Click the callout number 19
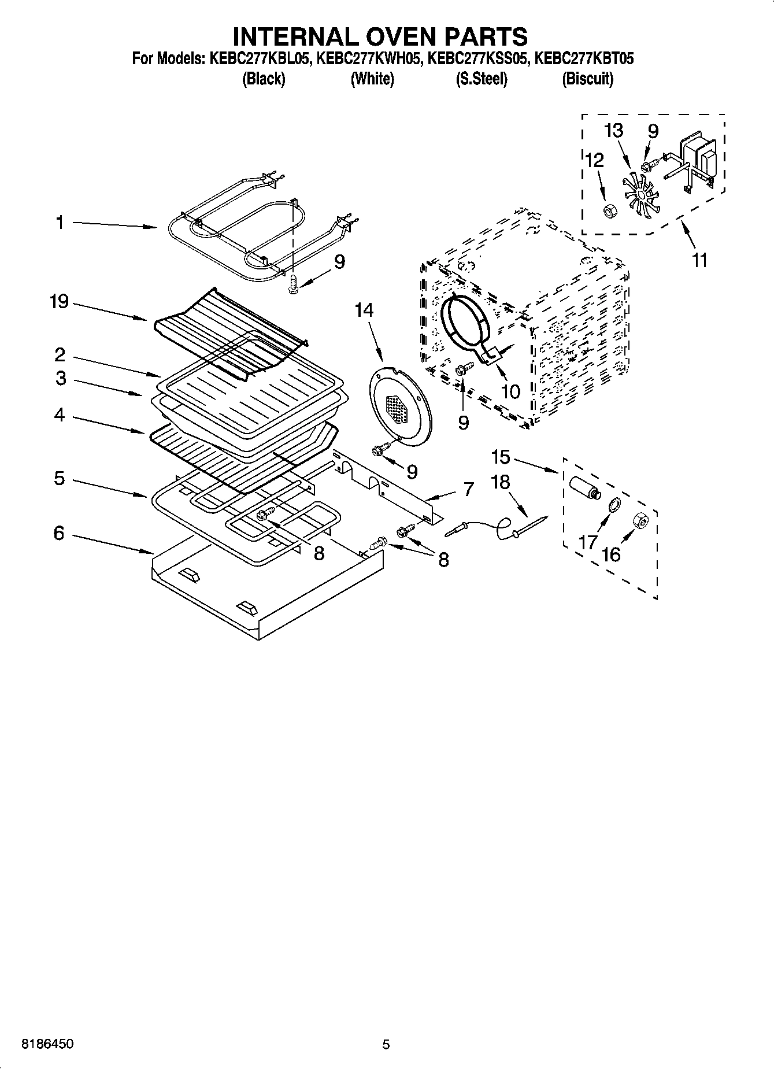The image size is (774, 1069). [x=59, y=301]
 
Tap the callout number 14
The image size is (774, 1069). [x=364, y=310]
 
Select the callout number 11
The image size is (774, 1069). [x=699, y=260]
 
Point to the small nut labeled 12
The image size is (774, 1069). [x=609, y=212]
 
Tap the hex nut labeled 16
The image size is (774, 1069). [x=641, y=521]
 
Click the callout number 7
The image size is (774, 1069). [x=468, y=490]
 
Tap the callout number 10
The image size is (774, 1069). [x=510, y=391]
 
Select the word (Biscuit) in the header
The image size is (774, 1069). [x=587, y=79]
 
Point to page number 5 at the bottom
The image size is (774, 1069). [x=386, y=1044]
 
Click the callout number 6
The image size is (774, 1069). [x=59, y=533]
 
